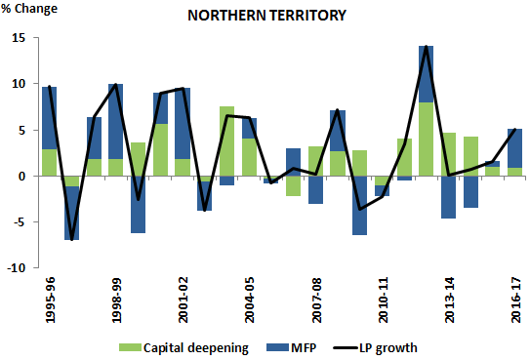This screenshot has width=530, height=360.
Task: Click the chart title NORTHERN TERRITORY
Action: click(280, 17)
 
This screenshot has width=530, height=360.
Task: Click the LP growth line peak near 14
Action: click(426, 47)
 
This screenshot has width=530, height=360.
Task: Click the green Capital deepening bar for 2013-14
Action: click(448, 154)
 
